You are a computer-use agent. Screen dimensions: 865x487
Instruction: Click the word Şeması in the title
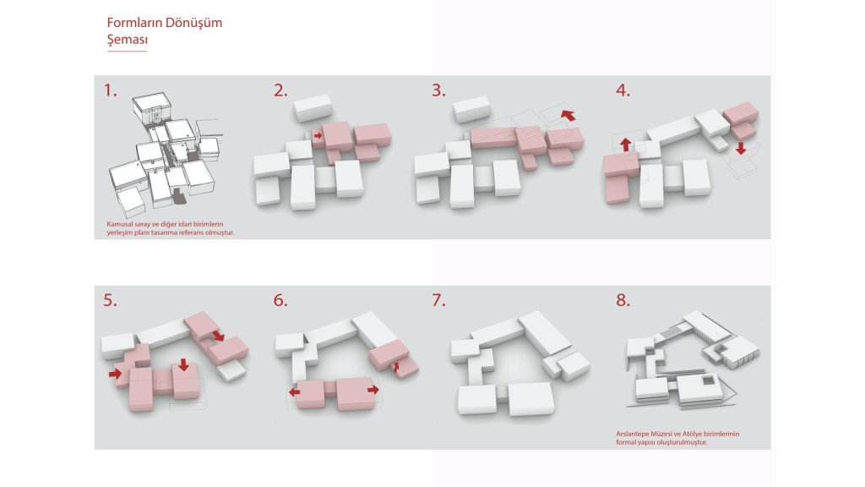pyautogui.click(x=128, y=41)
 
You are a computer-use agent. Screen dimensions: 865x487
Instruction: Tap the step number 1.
pyautogui.click(x=111, y=90)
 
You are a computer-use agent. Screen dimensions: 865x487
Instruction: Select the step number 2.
pyautogui.click(x=280, y=90)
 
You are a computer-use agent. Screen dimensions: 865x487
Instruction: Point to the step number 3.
pyautogui.click(x=438, y=90)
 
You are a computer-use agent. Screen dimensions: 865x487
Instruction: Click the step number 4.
pyautogui.click(x=623, y=90)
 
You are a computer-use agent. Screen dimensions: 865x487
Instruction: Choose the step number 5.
pyautogui.click(x=111, y=300)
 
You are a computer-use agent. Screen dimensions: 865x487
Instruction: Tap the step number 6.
pyautogui.click(x=280, y=300)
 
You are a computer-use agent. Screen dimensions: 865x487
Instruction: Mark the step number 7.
pyautogui.click(x=438, y=300)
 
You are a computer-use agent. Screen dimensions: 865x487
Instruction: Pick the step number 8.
pyautogui.click(x=623, y=300)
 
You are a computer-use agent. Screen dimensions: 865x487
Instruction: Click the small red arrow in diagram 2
pyautogui.click(x=318, y=135)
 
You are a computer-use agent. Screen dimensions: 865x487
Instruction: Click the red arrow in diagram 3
pyautogui.click(x=568, y=115)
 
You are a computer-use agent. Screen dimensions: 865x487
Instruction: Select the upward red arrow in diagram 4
pyautogui.click(x=625, y=145)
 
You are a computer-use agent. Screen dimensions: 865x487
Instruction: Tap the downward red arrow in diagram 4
pyautogui.click(x=740, y=147)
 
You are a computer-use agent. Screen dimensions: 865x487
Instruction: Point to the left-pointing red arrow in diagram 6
pyautogui.click(x=295, y=392)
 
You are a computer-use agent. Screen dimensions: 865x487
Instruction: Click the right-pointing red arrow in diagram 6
pyautogui.click(x=373, y=390)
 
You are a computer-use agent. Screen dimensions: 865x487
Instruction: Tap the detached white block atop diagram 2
pyautogui.click(x=313, y=107)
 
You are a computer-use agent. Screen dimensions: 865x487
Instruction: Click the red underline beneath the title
pyautogui.click(x=127, y=52)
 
